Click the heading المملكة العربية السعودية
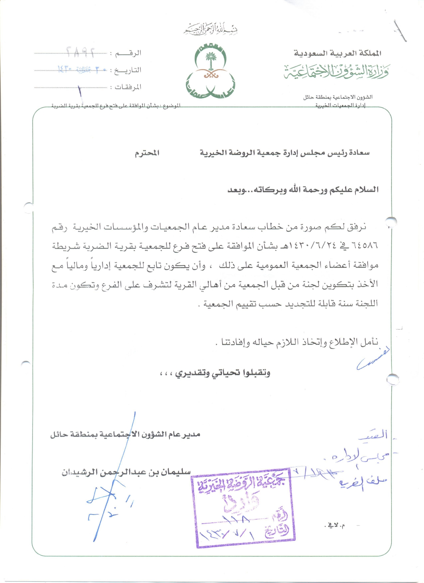tap(337, 53)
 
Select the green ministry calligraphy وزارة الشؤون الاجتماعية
tap(336, 71)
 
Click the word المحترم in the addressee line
tap(147, 153)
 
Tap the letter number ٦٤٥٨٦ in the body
tap(365, 246)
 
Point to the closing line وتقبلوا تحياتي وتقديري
tap(223, 373)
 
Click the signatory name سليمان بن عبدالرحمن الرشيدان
tap(126, 472)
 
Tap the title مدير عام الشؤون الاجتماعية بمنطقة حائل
tap(125, 435)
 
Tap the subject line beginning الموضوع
tap(116, 106)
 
